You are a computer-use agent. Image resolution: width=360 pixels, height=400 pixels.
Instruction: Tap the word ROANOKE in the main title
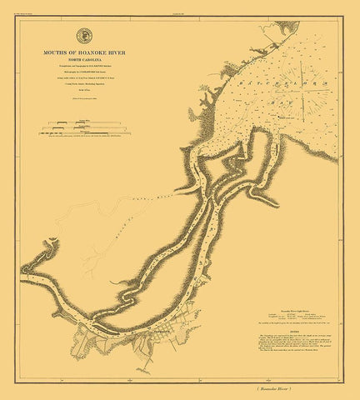pyautogui.click(x=90, y=52)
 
